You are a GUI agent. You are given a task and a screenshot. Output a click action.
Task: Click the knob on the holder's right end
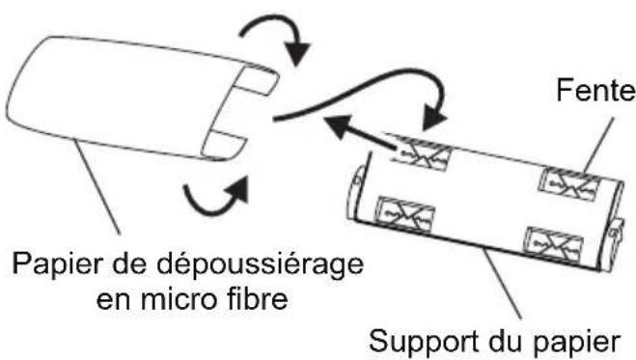[613, 235]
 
